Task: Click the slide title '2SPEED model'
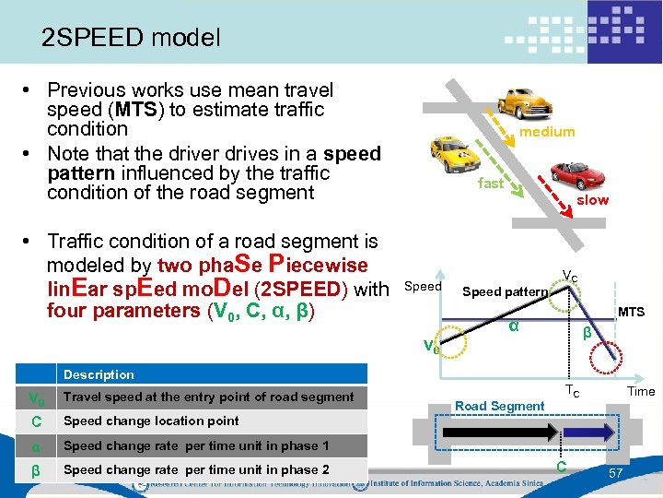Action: point(131,38)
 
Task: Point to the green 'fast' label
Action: point(491,183)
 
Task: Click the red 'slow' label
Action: point(592,200)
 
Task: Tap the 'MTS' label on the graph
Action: point(631,313)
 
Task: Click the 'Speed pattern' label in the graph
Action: point(505,292)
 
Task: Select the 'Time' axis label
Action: point(641,391)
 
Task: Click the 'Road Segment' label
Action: point(500,406)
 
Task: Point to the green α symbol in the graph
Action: point(513,327)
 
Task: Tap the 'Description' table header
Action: point(99,374)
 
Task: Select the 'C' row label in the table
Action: point(35,421)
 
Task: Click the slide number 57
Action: point(617,473)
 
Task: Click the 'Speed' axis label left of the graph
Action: point(423,286)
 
